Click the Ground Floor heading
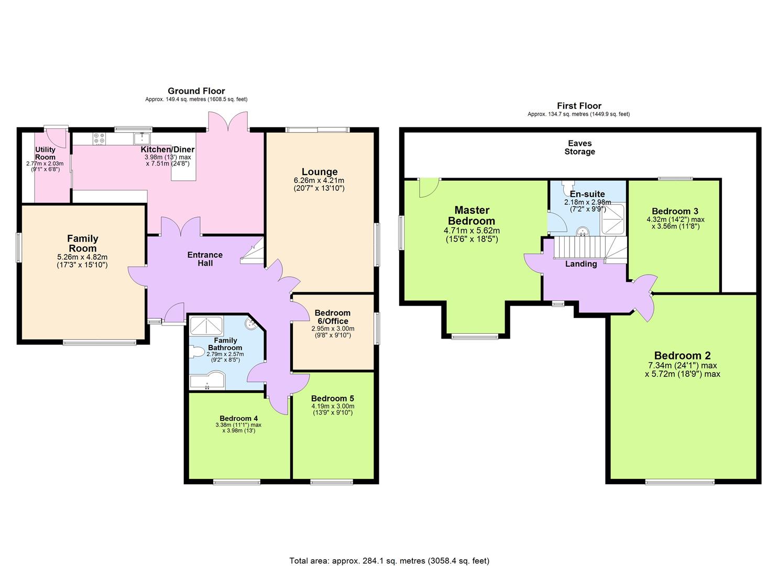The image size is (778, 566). click(x=196, y=91)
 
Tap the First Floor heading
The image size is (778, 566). click(x=579, y=106)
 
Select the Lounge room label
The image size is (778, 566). click(x=320, y=172)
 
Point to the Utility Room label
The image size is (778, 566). click(x=45, y=154)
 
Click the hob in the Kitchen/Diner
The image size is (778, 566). click(x=98, y=138)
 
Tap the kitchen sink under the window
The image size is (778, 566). click(x=141, y=138)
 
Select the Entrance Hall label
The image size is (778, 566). click(x=205, y=259)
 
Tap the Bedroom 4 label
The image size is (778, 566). click(x=238, y=418)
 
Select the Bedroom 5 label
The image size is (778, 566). click(x=332, y=398)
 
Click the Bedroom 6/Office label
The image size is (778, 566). click(x=332, y=317)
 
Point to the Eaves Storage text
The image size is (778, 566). click(x=579, y=147)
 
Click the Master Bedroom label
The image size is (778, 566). click(x=471, y=215)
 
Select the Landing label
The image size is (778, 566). click(x=580, y=264)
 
